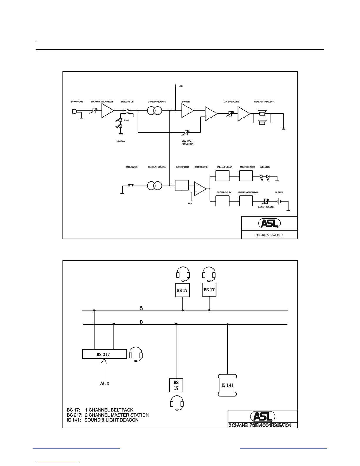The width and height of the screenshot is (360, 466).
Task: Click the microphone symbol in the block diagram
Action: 74,111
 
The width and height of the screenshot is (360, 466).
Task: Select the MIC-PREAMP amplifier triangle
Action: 107,111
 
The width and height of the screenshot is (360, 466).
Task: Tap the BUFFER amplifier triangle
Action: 187,111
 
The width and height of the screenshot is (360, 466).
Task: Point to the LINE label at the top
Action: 181,86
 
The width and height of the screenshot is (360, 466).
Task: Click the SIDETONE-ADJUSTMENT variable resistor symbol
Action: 186,133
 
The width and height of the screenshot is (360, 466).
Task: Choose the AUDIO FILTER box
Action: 182,185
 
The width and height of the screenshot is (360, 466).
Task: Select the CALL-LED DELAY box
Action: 222,176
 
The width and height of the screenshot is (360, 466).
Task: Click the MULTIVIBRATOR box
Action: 246,176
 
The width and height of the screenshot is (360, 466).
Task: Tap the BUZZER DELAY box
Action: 222,201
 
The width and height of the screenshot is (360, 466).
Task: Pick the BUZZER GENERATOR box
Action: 246,201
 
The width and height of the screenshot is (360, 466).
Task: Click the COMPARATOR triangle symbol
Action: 200,189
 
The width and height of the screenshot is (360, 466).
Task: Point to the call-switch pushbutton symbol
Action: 131,185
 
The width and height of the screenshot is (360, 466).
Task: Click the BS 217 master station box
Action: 105,354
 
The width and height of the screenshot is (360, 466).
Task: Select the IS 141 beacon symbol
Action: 227,385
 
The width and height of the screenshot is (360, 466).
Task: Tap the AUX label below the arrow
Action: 105,383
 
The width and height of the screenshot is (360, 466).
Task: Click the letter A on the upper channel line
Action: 141,308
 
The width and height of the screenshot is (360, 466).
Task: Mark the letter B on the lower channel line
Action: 141,322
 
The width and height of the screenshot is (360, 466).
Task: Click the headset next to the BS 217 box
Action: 136,354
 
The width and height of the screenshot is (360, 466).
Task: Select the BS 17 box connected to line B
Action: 176,385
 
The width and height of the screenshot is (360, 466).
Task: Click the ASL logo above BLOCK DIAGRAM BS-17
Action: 269,223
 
